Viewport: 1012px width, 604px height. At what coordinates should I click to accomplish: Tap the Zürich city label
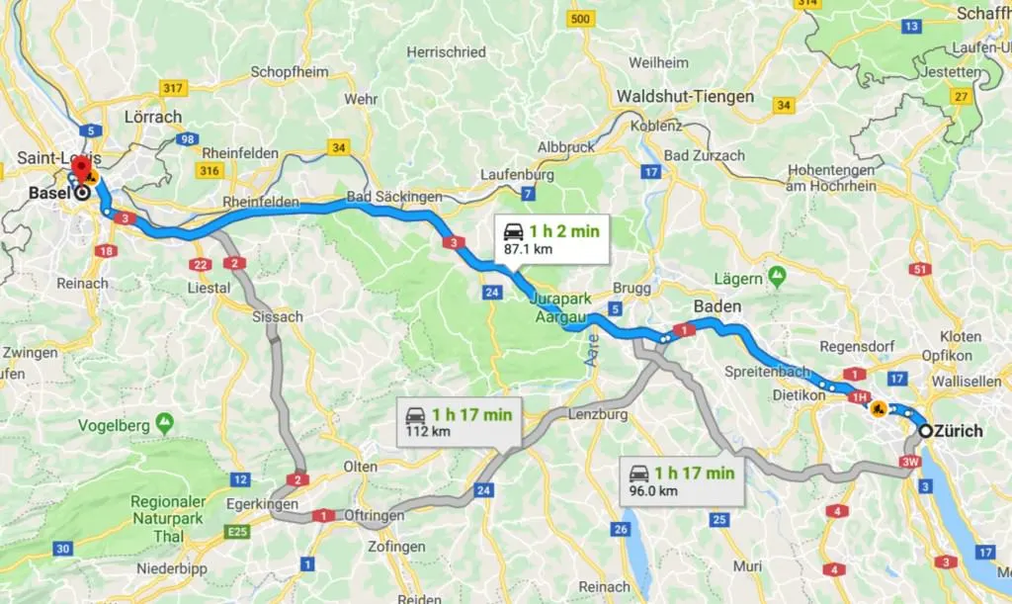(959, 431)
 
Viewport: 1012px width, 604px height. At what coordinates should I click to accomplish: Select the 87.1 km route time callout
(552, 239)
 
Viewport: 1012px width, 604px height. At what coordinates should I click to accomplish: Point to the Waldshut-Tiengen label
(684, 97)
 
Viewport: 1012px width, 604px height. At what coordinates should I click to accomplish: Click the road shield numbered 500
(582, 19)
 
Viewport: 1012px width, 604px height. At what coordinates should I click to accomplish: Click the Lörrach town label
(153, 117)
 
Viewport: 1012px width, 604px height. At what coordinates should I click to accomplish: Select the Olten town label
(359, 466)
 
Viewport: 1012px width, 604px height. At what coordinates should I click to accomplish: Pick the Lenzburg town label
(598, 414)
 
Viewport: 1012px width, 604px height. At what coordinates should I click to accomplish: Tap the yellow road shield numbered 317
(173, 88)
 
